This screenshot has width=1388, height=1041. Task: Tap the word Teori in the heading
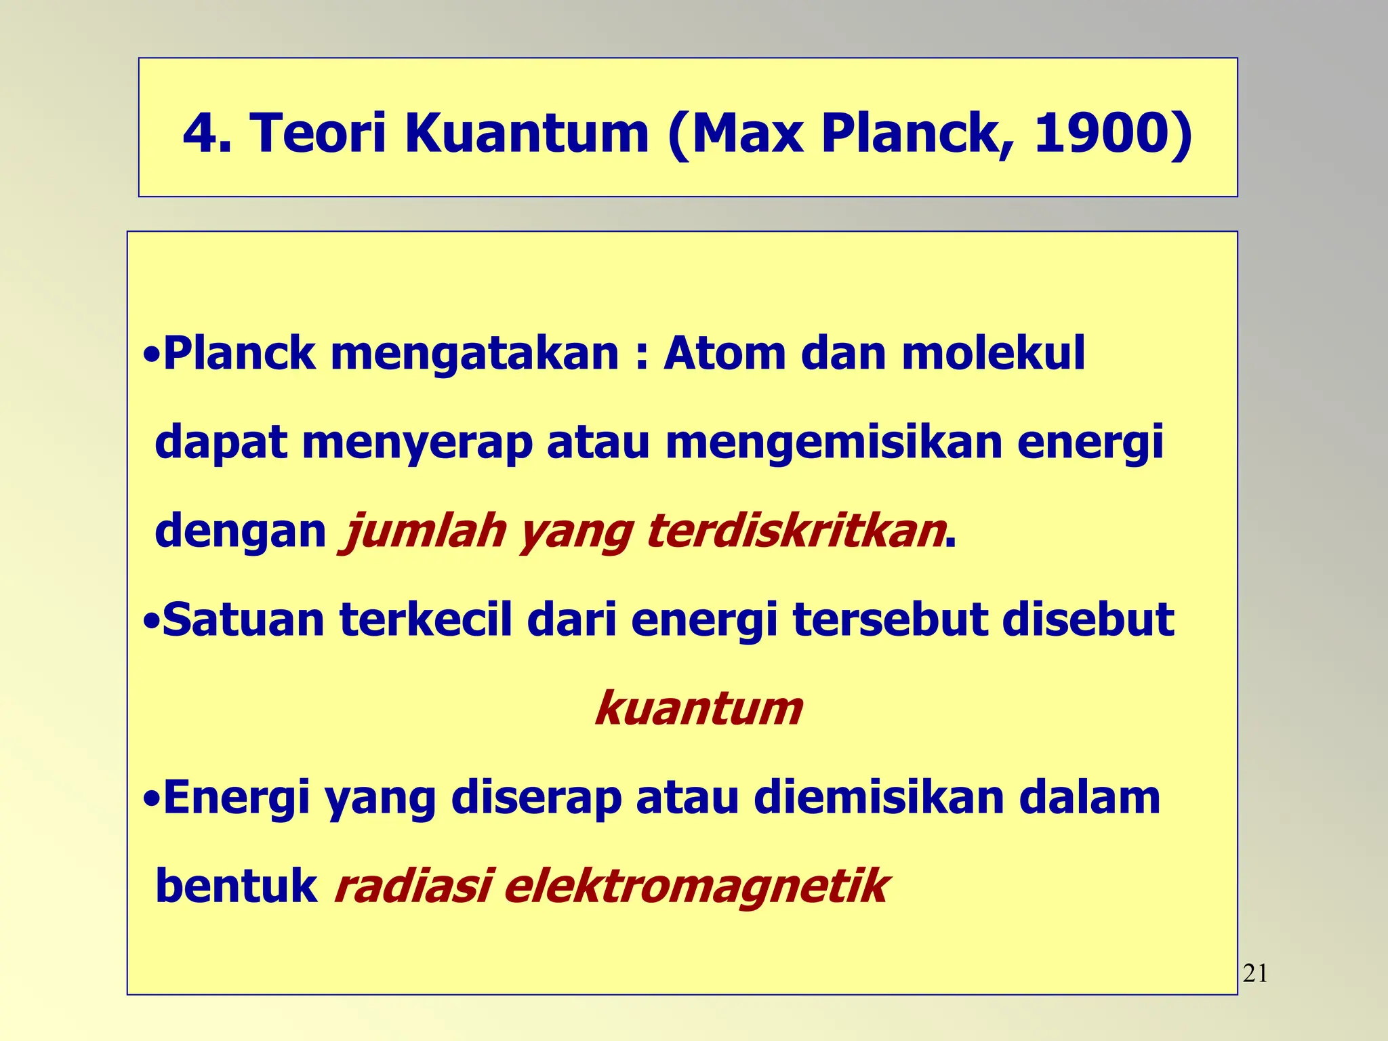coord(319,133)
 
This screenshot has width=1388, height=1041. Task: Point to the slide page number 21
coord(1255,974)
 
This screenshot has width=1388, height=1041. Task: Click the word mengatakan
coord(474,354)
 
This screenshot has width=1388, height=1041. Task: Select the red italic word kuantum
coord(698,709)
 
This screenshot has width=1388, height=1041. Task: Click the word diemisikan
coord(878,798)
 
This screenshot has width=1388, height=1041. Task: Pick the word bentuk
coord(236,886)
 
